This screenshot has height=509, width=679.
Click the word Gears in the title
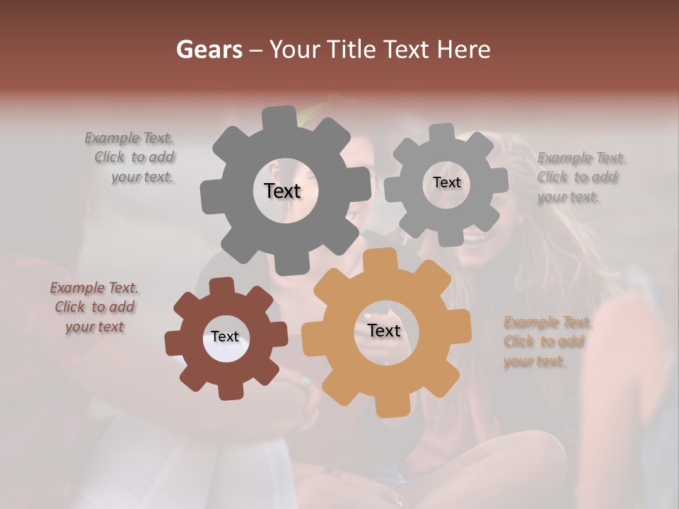(209, 49)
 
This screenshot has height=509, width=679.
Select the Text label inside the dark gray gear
(282, 191)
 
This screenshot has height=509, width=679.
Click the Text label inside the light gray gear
(446, 182)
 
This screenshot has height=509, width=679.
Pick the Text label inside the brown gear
(225, 337)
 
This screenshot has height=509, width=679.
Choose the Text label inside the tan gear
(384, 331)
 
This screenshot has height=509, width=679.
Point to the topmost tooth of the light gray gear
(442, 132)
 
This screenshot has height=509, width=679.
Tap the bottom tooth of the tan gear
(387, 406)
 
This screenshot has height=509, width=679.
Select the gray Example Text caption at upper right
(579, 177)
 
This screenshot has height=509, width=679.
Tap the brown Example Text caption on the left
(94, 307)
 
